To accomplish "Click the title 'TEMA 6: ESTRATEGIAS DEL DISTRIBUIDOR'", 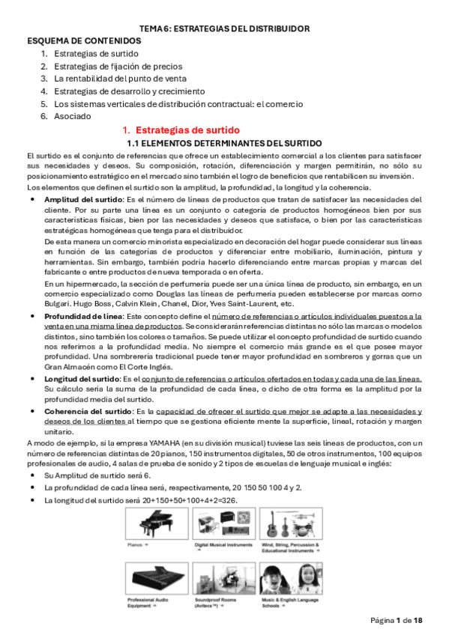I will tap(225, 28).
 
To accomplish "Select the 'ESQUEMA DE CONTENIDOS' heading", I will tap(84, 40).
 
